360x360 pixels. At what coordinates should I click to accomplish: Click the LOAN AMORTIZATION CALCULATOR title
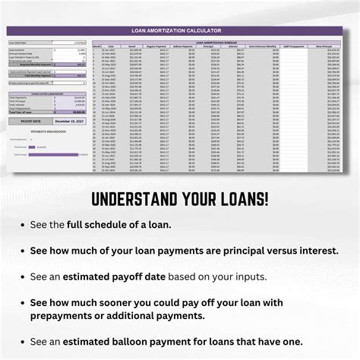pos(180,30)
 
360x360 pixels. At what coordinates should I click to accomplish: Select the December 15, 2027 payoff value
pos(65,120)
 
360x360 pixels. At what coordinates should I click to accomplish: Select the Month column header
pos(96,45)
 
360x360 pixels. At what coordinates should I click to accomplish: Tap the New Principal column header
pos(333,45)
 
